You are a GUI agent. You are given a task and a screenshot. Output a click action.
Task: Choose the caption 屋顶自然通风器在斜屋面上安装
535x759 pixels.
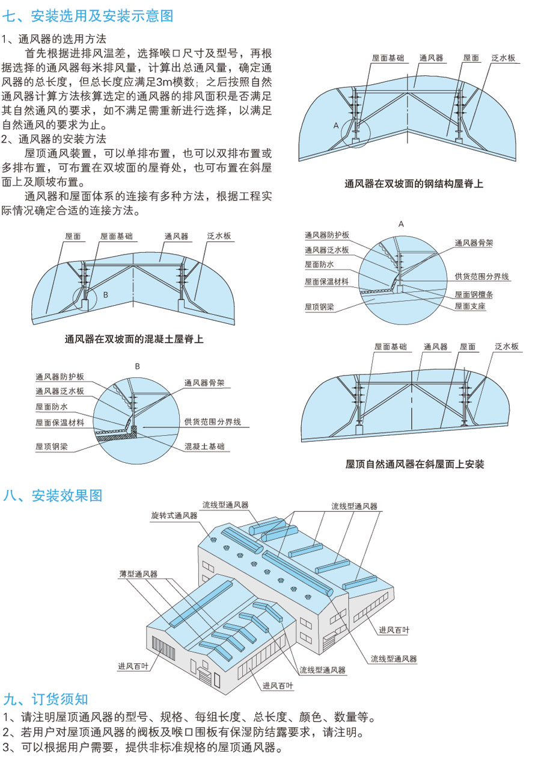pos(415,464)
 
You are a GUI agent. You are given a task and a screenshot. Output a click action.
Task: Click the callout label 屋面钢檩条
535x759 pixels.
pos(474,295)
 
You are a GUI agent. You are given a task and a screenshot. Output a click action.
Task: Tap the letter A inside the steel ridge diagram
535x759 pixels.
pos(336,125)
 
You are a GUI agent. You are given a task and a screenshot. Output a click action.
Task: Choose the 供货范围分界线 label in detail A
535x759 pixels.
pos(482,277)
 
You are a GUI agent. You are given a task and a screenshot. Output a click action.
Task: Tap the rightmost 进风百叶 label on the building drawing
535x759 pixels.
pos(394,630)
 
